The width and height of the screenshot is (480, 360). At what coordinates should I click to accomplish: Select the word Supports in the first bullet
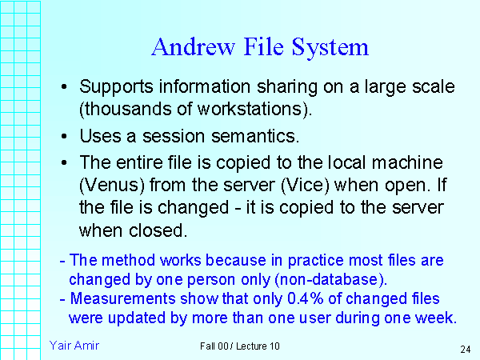pyautogui.click(x=117, y=86)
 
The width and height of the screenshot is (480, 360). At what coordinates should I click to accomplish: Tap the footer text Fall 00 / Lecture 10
pyautogui.click(x=241, y=346)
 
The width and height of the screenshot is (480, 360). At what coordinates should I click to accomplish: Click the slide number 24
pyautogui.click(x=465, y=349)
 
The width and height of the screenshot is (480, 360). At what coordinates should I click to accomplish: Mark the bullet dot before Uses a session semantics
pyautogui.click(x=65, y=138)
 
